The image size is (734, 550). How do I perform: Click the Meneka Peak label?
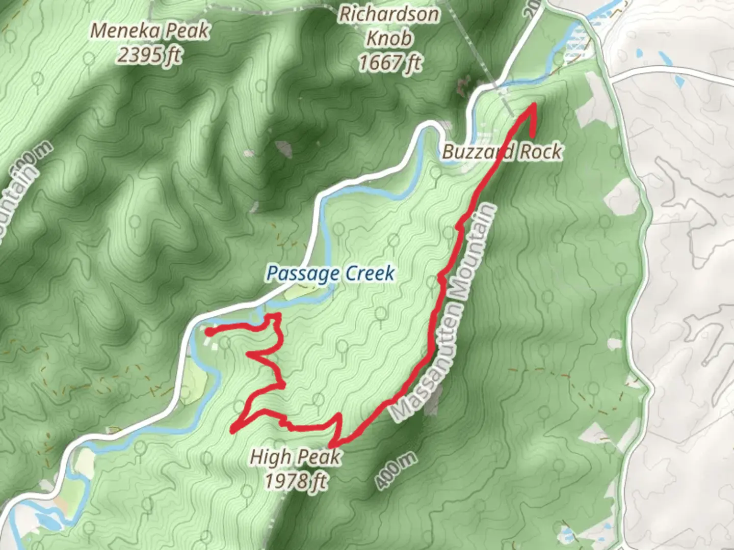149,31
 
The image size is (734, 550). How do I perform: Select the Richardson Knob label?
389,14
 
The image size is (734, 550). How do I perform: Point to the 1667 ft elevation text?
390,63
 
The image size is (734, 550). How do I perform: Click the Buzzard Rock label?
502,151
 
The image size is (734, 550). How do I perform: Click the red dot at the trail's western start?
209,333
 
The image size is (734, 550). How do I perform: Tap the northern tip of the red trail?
534,104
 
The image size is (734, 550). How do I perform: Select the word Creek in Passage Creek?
370,274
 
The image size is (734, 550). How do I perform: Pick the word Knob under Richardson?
389,38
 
